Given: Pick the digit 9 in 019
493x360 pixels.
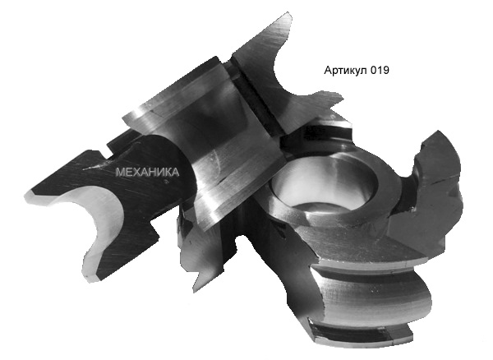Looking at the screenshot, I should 385,71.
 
